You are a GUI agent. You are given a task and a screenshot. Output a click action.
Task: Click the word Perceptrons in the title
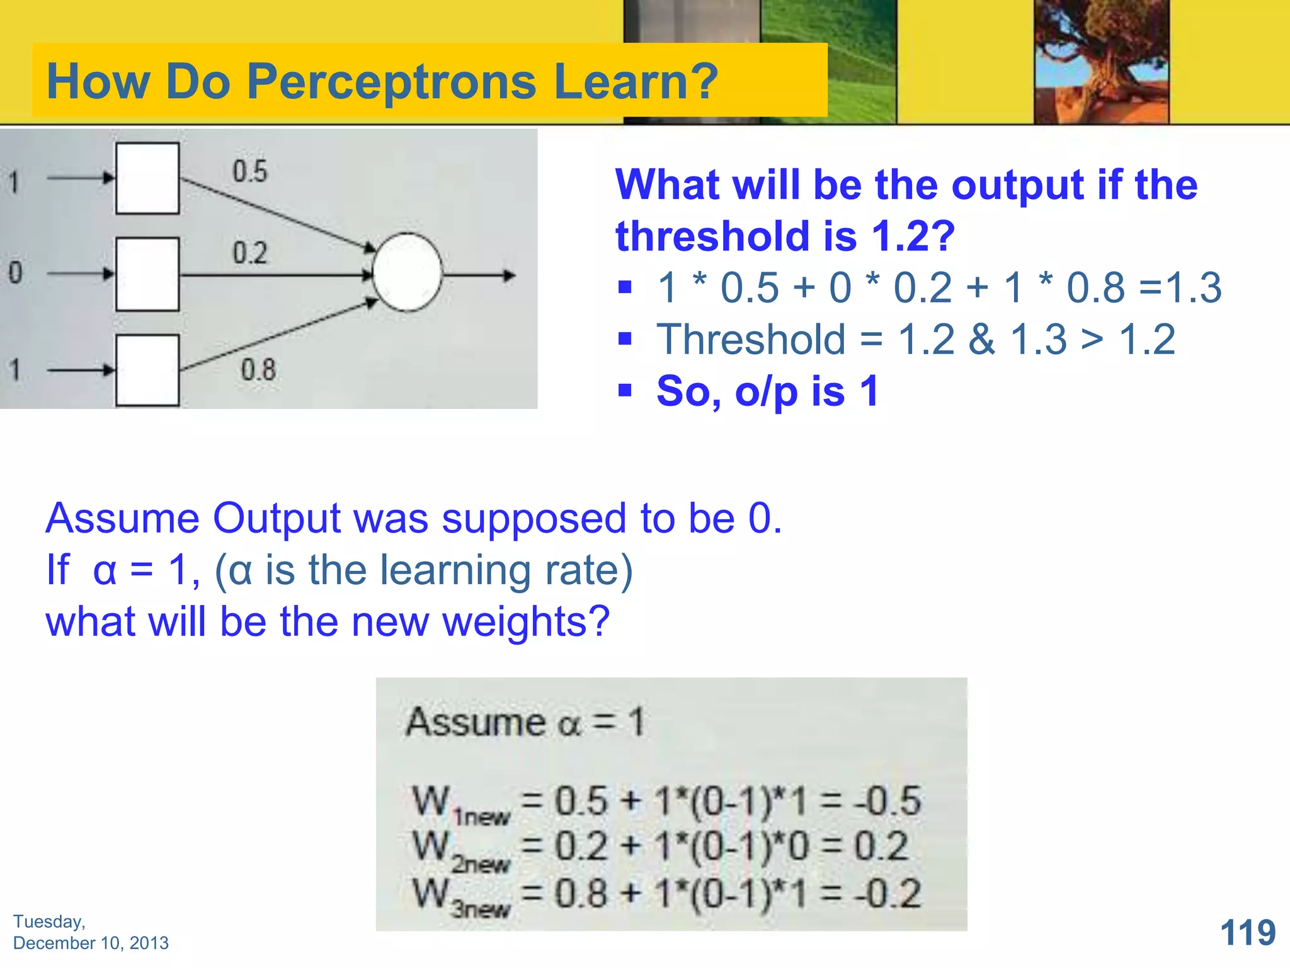coord(391,82)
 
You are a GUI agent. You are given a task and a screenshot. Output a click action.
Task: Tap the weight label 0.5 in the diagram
coord(250,171)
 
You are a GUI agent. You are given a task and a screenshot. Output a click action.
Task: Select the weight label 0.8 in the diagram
coord(258,370)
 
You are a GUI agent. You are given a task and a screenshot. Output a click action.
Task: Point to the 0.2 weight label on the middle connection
coord(250,253)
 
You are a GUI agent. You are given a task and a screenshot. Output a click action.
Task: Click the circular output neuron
coord(407,273)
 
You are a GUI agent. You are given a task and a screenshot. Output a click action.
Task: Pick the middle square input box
coord(147,274)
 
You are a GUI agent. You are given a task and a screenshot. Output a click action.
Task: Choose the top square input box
coord(147,178)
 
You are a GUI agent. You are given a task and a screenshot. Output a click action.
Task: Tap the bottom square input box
coord(147,371)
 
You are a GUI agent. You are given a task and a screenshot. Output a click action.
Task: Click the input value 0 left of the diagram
coord(15,273)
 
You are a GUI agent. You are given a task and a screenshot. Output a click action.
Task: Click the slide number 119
coord(1248,933)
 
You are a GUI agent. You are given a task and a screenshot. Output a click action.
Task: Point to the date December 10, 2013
coord(91,943)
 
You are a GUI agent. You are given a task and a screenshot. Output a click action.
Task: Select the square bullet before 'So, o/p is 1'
coord(625,391)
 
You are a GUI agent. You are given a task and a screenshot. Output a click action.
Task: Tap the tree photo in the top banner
coord(1101,62)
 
